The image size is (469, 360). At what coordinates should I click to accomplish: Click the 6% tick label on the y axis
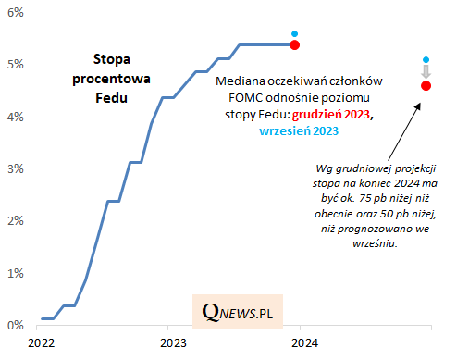(x=16, y=13)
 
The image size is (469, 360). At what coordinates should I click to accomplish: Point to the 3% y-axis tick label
(x=16, y=169)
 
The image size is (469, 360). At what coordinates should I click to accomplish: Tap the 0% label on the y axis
(x=16, y=326)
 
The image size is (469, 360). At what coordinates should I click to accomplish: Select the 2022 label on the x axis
(x=42, y=343)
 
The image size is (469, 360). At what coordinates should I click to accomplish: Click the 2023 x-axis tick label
(x=173, y=343)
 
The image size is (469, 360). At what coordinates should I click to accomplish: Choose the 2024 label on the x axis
(x=304, y=343)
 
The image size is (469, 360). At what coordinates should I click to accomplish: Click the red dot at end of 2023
(x=295, y=45)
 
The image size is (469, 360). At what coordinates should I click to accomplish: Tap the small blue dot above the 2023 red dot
(x=295, y=33)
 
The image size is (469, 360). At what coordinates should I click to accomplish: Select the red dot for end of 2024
(x=426, y=86)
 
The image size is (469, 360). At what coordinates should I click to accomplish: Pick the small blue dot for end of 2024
(x=426, y=59)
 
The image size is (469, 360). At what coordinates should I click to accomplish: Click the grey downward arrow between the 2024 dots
(x=426, y=71)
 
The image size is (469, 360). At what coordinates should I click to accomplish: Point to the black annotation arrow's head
(x=419, y=105)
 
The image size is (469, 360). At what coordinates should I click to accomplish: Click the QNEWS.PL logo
(x=238, y=312)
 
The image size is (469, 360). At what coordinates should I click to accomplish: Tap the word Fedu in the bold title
(x=111, y=98)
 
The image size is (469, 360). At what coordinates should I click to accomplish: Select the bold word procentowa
(x=111, y=79)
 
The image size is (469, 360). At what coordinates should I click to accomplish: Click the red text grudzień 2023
(x=331, y=115)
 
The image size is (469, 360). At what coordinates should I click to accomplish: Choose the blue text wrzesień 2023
(x=299, y=131)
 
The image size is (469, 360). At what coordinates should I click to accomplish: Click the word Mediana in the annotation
(x=241, y=81)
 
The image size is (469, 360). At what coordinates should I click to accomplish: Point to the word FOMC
(x=246, y=98)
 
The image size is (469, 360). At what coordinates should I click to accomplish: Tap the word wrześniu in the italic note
(x=375, y=243)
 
